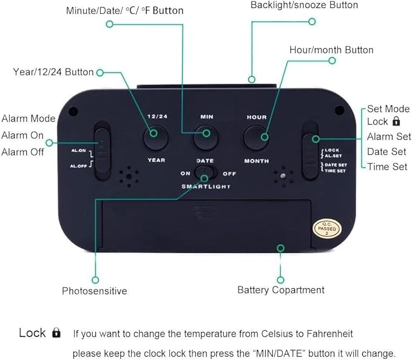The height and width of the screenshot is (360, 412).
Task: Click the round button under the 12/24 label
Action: click(x=155, y=138)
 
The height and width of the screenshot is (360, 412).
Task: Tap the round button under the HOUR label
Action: click(x=256, y=138)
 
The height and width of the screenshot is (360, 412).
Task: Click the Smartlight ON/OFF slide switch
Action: click(x=206, y=172)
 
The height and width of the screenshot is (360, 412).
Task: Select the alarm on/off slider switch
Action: click(x=102, y=151)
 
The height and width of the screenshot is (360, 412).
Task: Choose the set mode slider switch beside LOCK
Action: click(x=310, y=151)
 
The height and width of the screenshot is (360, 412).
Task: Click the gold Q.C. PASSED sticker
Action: click(x=327, y=228)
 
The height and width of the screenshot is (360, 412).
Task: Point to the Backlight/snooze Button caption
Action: click(x=304, y=5)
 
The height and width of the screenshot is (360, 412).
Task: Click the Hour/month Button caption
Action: click(x=331, y=50)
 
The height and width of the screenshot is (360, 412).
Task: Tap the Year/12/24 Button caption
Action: click(x=53, y=72)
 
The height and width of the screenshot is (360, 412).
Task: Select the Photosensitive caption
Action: click(x=94, y=291)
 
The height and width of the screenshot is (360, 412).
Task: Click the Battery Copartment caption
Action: click(x=281, y=290)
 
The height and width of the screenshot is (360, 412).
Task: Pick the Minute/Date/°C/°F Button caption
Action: click(x=125, y=10)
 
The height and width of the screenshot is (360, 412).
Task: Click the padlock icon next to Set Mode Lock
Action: click(x=396, y=121)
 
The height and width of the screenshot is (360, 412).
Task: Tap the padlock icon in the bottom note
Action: click(x=56, y=333)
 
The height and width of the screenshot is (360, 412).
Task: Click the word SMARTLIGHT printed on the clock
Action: click(x=206, y=186)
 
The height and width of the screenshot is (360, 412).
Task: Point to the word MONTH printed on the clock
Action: click(x=257, y=161)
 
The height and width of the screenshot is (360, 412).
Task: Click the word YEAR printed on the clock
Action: click(x=157, y=160)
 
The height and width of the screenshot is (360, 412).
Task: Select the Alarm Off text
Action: click(x=22, y=152)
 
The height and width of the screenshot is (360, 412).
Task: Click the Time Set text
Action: click(x=387, y=167)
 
